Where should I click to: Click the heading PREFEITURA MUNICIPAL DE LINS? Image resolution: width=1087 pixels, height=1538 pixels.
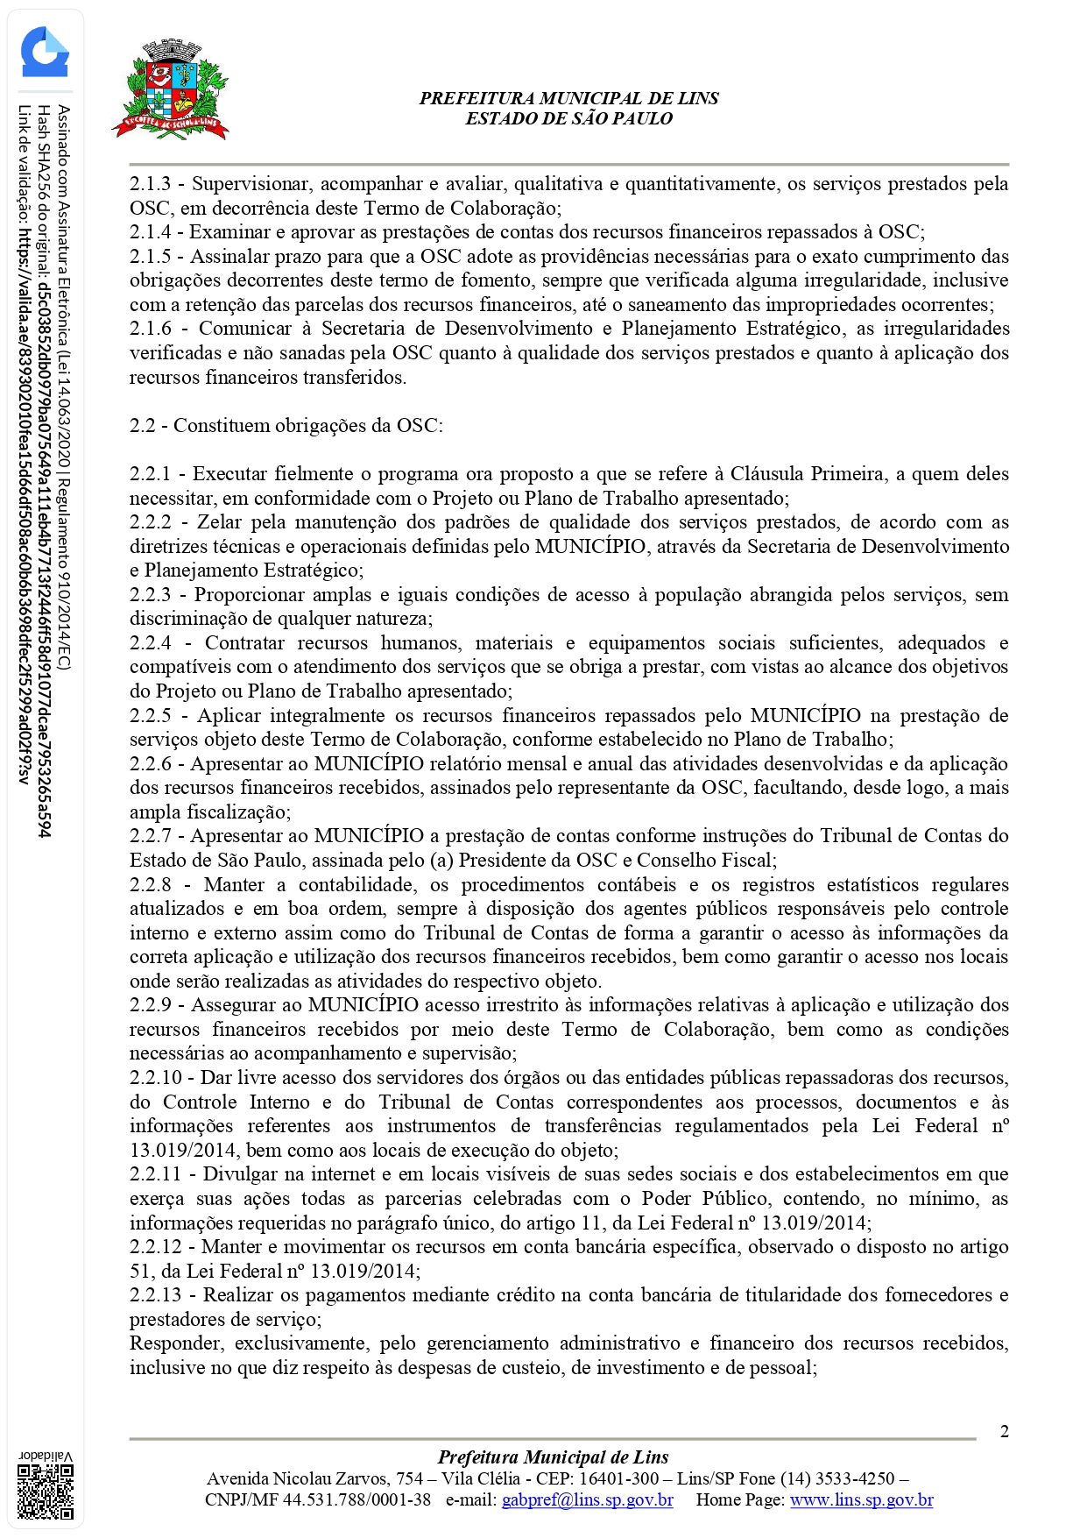(568, 98)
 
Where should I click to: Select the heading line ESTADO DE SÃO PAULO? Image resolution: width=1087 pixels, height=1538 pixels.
(568, 118)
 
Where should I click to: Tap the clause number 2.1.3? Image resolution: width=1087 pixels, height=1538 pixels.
(150, 184)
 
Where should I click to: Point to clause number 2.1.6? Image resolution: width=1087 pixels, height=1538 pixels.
(150, 329)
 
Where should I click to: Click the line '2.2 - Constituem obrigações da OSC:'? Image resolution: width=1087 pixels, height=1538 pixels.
(286, 426)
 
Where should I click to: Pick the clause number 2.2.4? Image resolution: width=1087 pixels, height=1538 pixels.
(150, 643)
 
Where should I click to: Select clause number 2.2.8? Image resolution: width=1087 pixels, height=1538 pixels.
(150, 885)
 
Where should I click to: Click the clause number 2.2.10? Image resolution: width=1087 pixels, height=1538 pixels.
(155, 1078)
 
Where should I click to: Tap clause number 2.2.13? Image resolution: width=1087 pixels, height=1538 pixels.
(155, 1295)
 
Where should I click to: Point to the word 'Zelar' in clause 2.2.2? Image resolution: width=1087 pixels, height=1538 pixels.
(219, 522)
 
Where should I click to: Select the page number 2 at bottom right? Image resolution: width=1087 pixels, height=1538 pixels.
(1005, 1432)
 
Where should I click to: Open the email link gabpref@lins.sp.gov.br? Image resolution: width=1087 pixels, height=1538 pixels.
(587, 1500)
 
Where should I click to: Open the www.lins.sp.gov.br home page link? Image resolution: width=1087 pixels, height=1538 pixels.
(861, 1500)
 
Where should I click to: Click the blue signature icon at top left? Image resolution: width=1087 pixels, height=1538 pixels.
(45, 53)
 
